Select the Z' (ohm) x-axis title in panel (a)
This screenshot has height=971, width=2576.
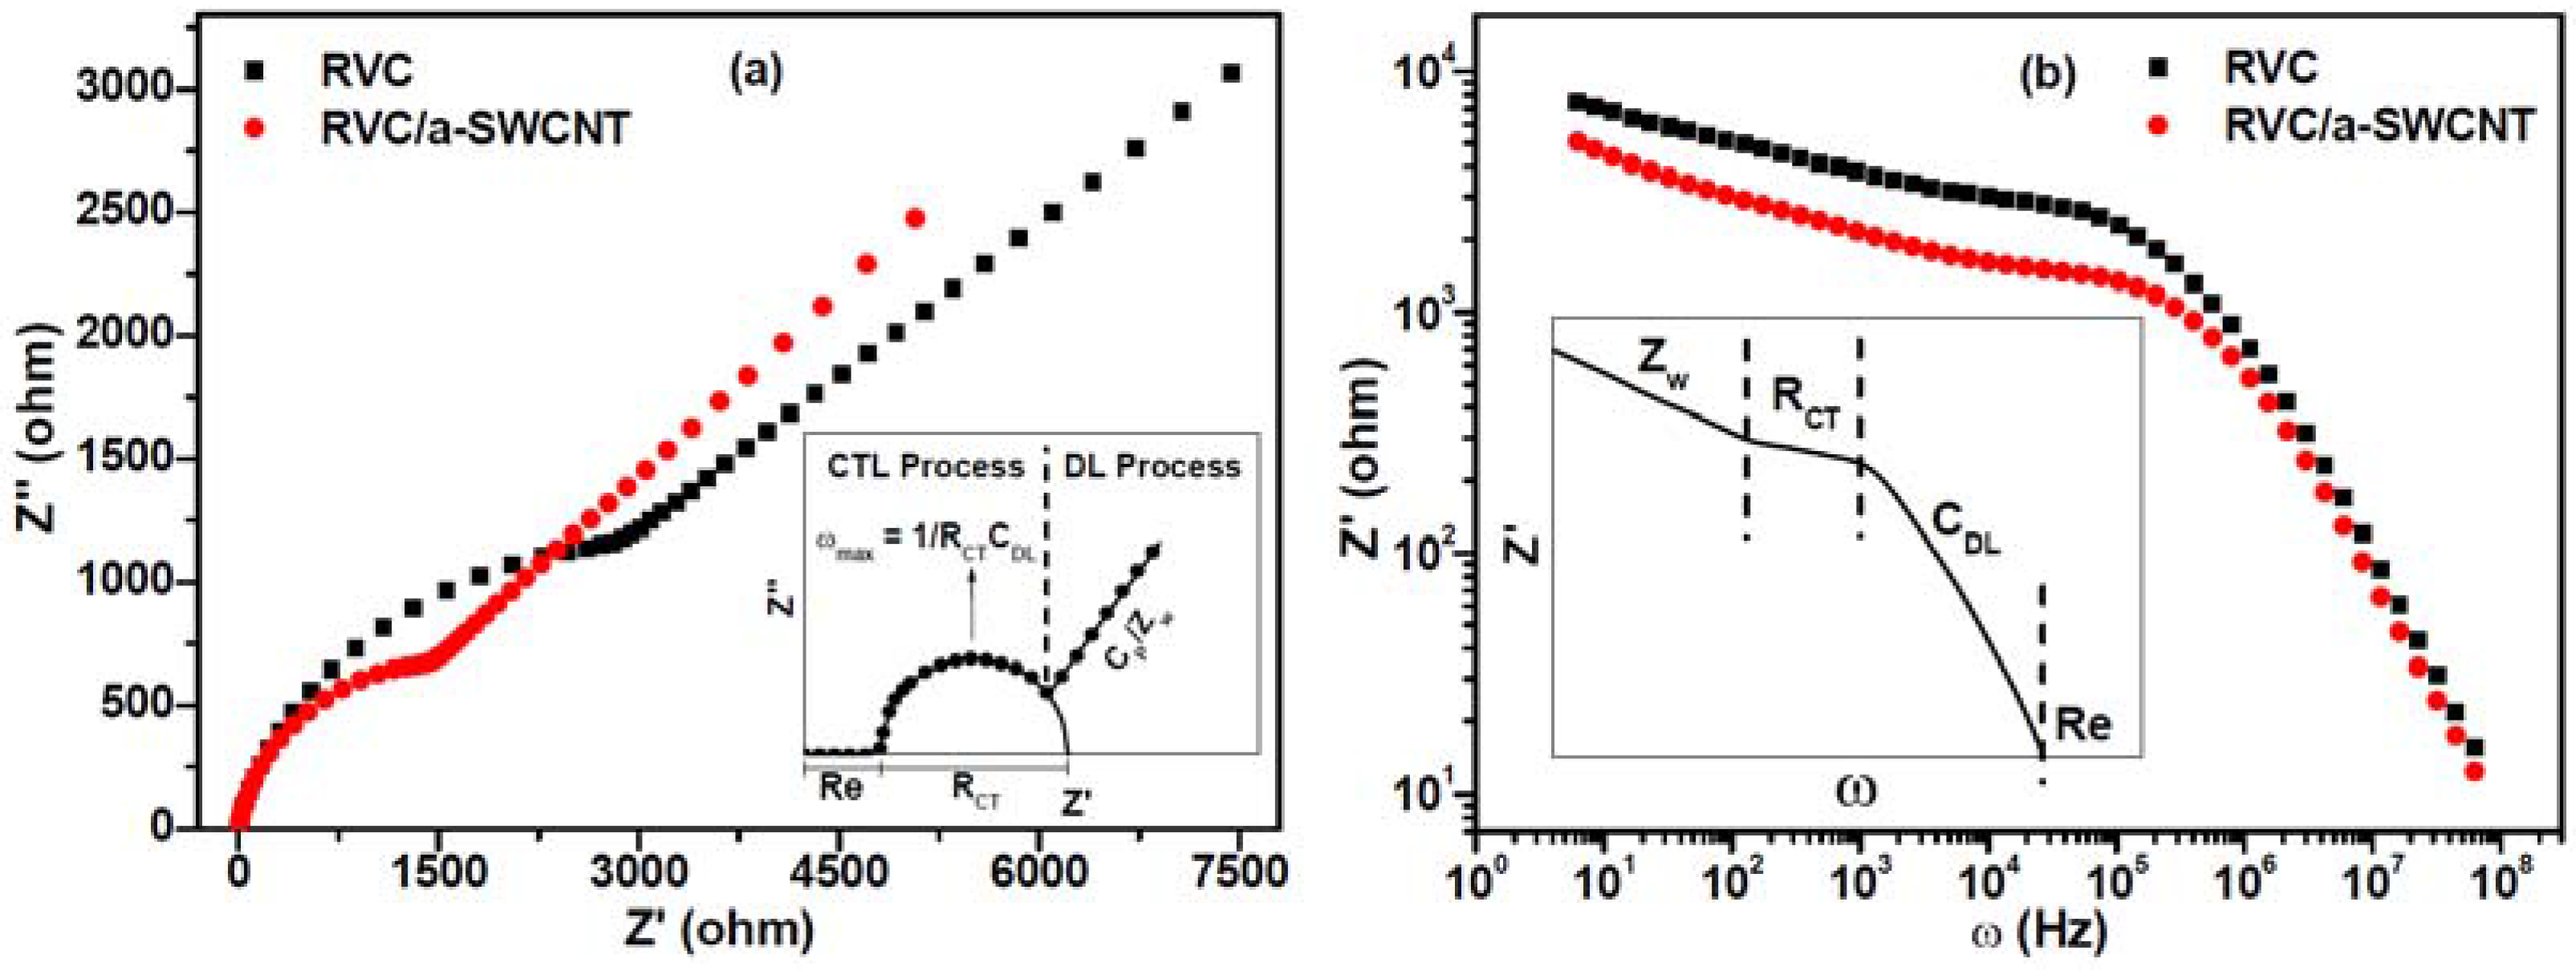(x=718, y=931)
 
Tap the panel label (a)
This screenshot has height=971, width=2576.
(x=756, y=74)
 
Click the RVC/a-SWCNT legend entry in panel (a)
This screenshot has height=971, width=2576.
(x=474, y=128)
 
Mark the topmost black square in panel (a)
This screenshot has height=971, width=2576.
(x=1231, y=74)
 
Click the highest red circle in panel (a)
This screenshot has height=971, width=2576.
(x=915, y=218)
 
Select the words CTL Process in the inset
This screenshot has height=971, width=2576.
(x=925, y=467)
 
